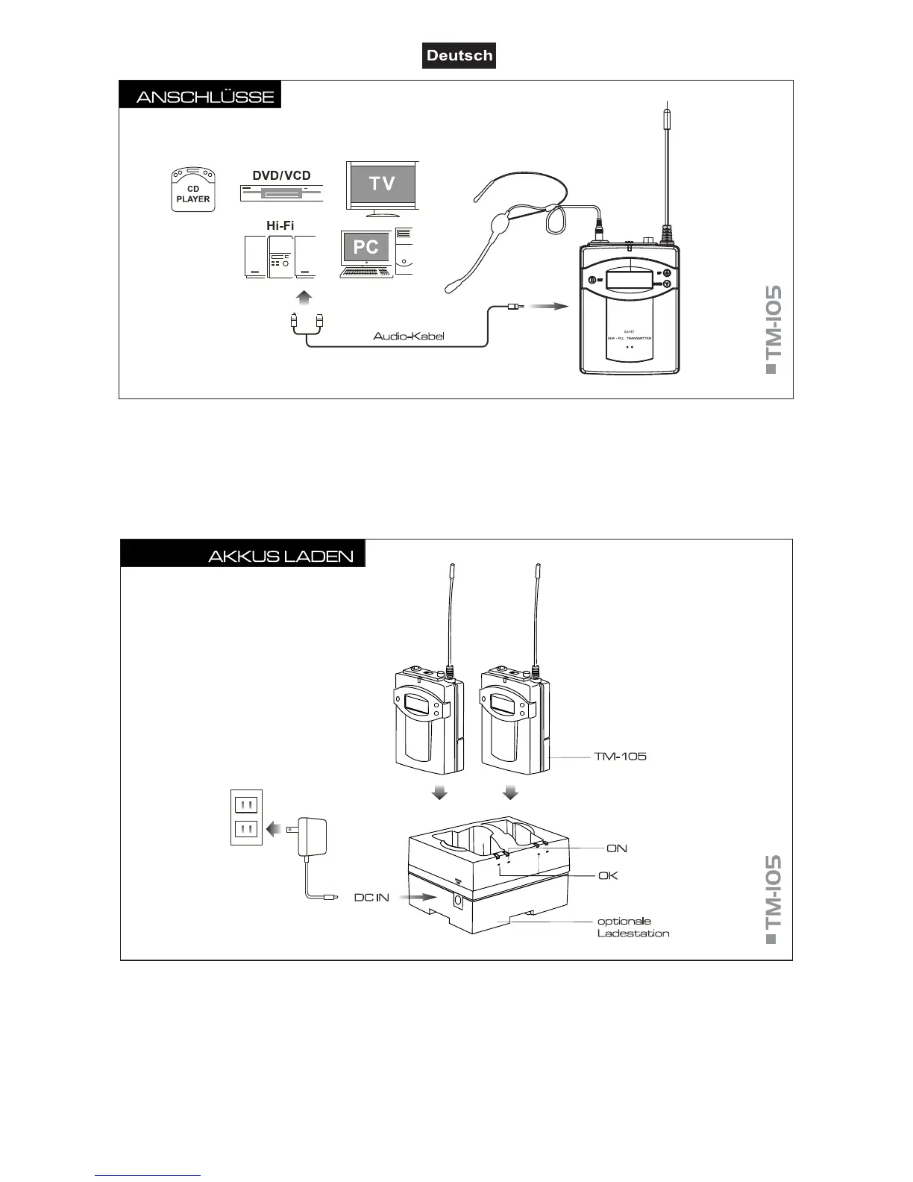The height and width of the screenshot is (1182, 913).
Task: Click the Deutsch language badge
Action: coord(459,56)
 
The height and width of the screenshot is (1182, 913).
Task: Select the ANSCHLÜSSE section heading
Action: coord(204,97)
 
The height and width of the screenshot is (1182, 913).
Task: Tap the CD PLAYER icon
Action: coord(193,190)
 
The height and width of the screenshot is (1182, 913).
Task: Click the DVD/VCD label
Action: coord(281,175)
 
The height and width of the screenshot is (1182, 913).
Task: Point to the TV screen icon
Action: coord(382,184)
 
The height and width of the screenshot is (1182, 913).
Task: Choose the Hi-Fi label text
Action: coord(280,225)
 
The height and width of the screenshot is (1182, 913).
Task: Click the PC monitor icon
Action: coord(365,248)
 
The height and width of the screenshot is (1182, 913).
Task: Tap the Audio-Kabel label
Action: coord(409,337)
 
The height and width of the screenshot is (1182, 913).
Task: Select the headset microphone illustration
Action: coord(507,224)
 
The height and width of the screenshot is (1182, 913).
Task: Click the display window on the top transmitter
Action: coord(630,281)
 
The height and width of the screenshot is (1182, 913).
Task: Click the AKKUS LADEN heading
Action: coord(280,557)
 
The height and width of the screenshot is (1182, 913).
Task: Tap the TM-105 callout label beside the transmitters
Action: coord(620,757)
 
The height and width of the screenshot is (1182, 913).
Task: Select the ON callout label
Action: coord(617,848)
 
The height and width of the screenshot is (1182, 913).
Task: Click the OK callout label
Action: coord(608,875)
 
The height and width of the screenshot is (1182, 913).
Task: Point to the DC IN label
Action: coord(371,898)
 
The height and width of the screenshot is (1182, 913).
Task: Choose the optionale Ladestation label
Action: coord(633,928)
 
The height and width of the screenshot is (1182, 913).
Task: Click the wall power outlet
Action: coord(246,817)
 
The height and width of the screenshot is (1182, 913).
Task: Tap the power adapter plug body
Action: coord(312,835)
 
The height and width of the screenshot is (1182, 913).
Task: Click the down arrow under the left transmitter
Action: coord(440,792)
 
